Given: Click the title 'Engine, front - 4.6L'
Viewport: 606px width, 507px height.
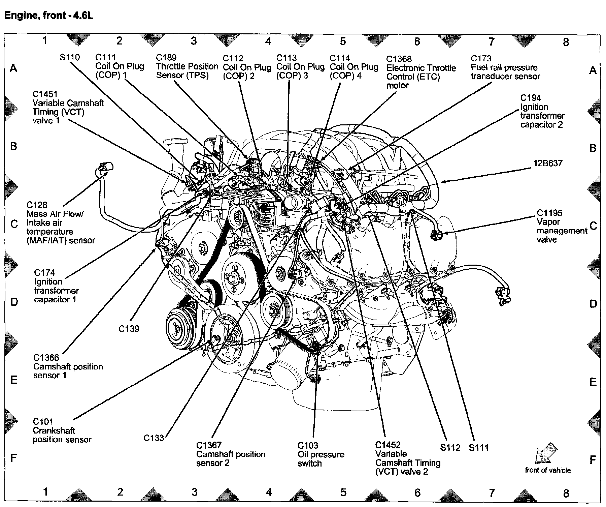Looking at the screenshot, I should point(48,16).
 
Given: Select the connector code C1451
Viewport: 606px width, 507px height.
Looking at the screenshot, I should point(45,94).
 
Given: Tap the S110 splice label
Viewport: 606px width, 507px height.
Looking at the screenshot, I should point(70,57).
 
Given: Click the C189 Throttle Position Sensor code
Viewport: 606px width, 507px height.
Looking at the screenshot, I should point(166,58).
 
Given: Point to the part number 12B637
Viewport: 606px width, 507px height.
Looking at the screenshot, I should point(548,163).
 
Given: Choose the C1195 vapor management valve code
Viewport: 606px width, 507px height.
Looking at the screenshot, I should point(549,213).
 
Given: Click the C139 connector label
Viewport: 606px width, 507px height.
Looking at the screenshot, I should point(129,329).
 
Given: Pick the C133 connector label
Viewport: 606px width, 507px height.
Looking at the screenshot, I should point(154,438).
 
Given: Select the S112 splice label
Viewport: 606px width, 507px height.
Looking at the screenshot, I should point(450,448).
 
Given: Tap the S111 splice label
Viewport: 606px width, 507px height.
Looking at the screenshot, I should point(478,448).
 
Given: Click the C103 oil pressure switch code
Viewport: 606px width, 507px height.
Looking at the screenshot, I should point(308,446).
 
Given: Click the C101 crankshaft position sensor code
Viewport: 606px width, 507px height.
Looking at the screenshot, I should point(43,422).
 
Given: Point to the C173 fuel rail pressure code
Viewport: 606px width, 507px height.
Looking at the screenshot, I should point(481,59).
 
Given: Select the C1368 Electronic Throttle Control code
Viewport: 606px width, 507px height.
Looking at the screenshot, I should point(399,59).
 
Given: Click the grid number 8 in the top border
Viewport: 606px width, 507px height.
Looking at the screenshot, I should point(566,42).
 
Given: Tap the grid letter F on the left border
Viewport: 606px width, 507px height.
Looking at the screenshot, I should point(14,458).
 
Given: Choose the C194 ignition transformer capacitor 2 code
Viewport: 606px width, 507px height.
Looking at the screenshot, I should point(531,98).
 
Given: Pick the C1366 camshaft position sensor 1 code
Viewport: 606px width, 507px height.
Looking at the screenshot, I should point(46,358).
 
